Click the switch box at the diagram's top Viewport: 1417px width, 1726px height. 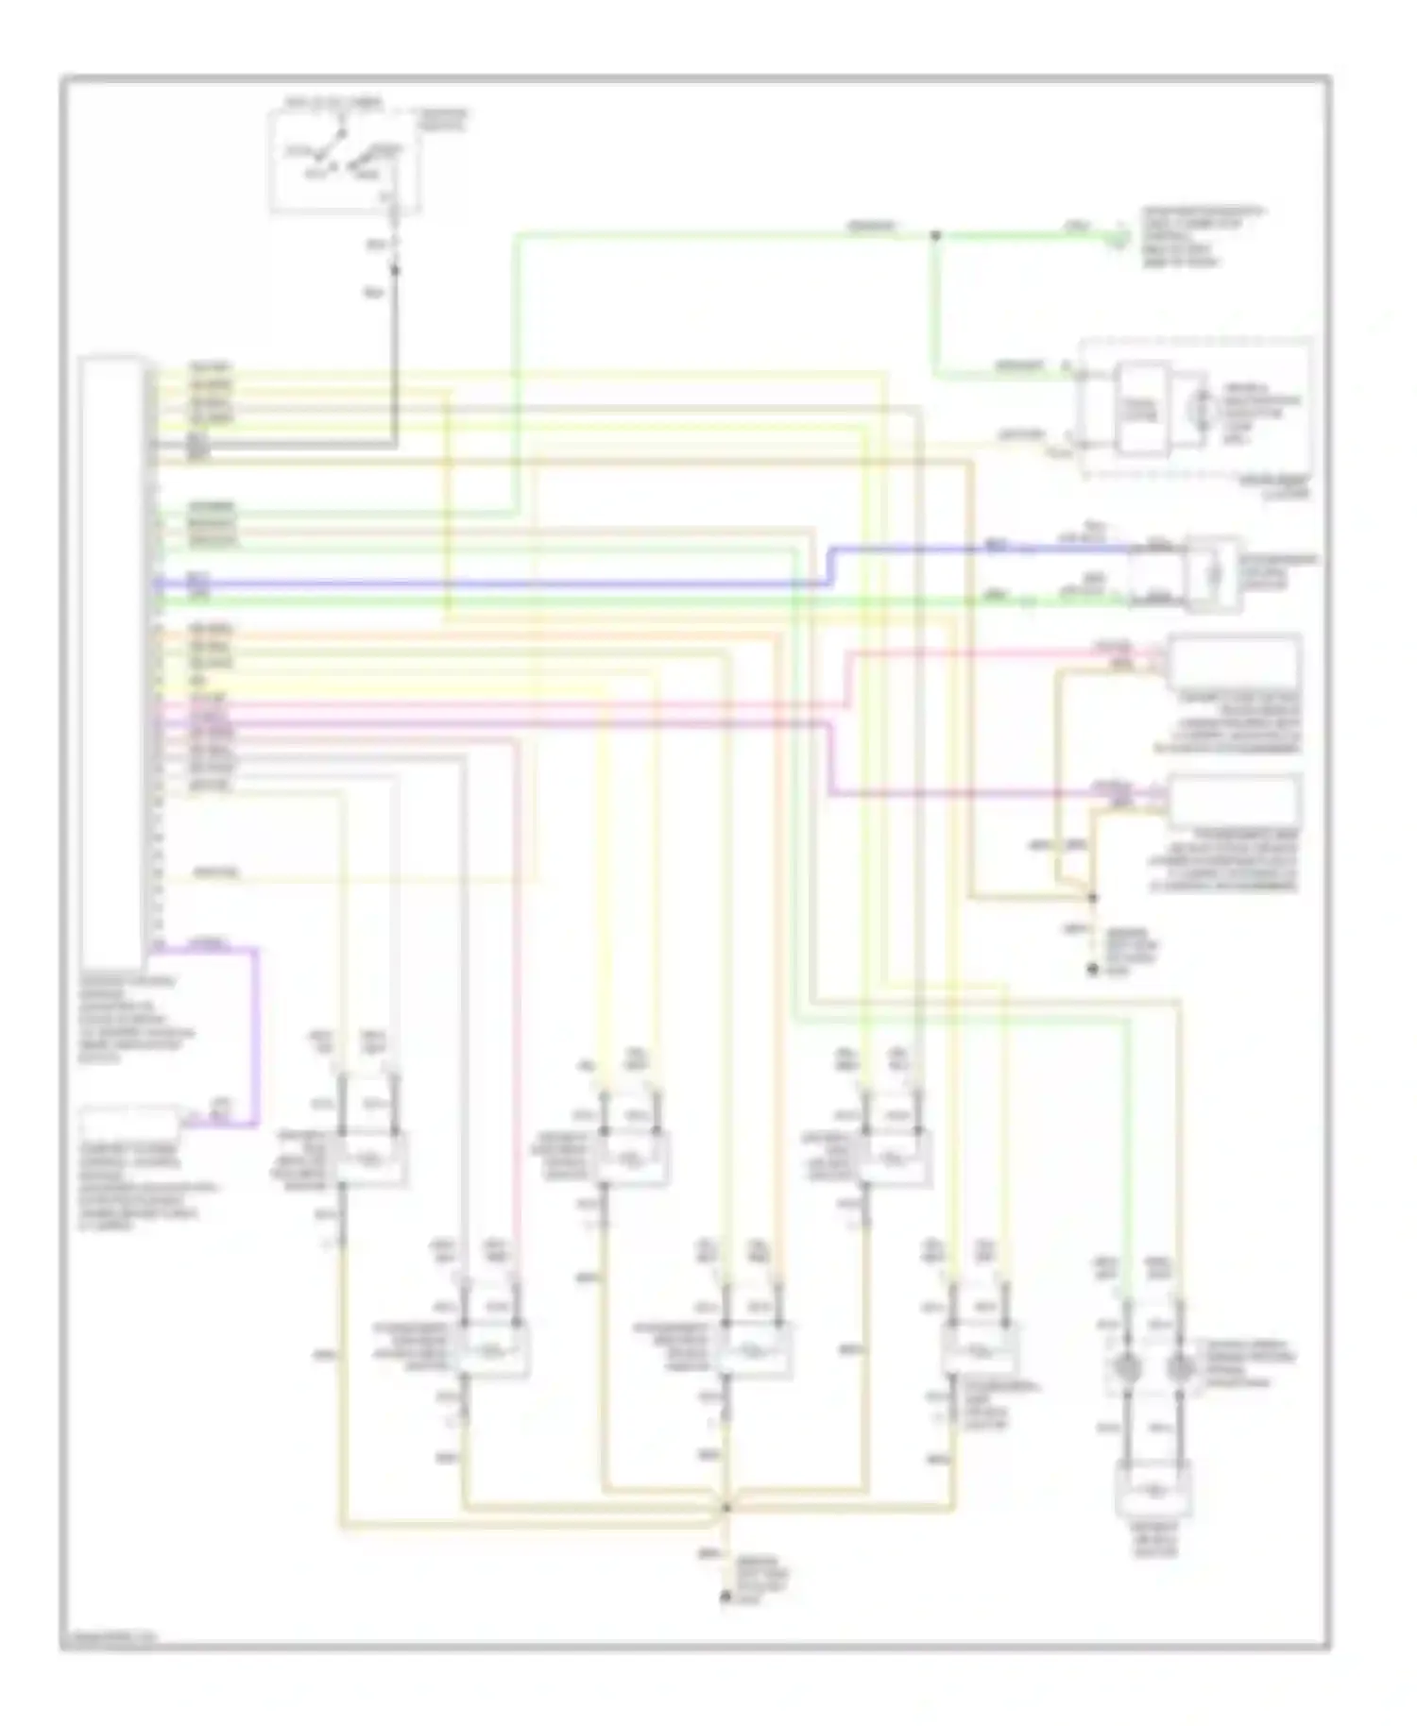[345, 161]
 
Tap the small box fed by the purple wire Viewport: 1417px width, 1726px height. [131, 1125]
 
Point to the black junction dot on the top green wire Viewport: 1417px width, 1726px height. [935, 235]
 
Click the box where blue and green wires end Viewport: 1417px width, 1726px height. [1214, 574]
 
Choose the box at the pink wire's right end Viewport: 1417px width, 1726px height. [1234, 661]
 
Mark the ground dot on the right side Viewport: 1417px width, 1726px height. [1093, 970]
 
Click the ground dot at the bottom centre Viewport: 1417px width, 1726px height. [726, 1597]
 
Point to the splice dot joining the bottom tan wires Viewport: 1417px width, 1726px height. [726, 1508]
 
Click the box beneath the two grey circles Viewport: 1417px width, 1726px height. [1152, 1491]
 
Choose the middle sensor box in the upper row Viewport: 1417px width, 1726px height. [633, 1158]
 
